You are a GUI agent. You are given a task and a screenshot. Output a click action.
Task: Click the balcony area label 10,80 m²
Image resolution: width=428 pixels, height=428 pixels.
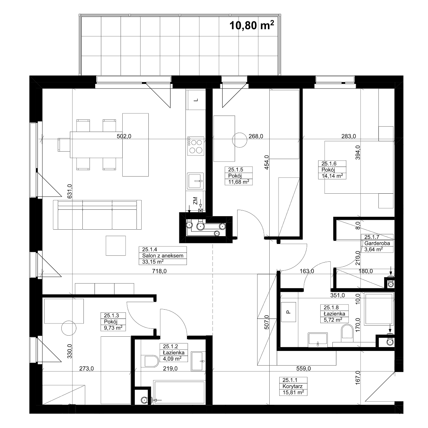click(252, 25)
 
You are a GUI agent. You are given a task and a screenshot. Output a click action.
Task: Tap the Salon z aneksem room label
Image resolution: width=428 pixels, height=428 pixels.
click(163, 256)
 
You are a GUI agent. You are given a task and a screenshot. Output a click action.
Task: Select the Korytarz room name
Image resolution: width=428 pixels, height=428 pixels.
click(292, 386)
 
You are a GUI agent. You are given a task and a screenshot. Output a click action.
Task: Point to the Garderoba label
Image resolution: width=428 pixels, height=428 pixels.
click(377, 243)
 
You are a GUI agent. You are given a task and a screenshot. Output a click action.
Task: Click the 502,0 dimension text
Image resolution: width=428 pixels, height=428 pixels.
click(124, 136)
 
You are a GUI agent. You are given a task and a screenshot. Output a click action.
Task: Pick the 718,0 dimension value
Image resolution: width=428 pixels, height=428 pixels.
click(159, 271)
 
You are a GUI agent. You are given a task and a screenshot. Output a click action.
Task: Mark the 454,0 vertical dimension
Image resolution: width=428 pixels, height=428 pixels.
click(266, 162)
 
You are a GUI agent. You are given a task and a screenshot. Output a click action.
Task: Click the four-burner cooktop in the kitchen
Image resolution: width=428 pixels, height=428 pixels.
click(195, 146)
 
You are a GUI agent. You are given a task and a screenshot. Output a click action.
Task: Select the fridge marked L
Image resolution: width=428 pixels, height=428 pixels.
click(196, 100)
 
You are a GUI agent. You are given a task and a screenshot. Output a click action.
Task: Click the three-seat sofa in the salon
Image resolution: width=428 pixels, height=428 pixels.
click(97, 215)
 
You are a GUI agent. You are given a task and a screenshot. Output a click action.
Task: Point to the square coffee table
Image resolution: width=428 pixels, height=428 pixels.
click(116, 246)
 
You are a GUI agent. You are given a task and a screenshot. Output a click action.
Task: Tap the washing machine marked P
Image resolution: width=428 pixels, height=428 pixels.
click(288, 312)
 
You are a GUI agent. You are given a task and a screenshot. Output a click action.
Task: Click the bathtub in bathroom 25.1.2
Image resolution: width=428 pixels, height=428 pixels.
click(179, 392)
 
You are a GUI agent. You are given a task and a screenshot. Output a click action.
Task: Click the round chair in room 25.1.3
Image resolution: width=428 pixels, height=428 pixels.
click(68, 328)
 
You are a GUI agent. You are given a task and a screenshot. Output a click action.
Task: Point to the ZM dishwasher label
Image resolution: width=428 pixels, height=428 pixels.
click(195, 201)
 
